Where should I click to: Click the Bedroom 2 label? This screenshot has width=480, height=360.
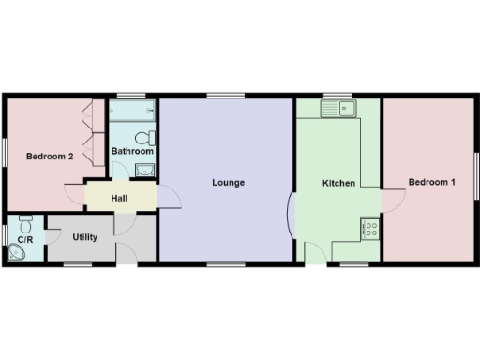pos(50,157)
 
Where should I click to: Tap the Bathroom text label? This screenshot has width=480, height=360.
pos(132,150)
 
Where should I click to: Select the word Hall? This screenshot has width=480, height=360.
pos(120,198)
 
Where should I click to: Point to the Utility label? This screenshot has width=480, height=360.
pos(85,237)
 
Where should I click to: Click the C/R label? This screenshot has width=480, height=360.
pos(25,240)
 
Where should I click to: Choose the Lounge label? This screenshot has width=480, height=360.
pos(228,182)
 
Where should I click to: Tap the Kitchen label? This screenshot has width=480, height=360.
pos(338,183)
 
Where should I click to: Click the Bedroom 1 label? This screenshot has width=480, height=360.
pos(432,182)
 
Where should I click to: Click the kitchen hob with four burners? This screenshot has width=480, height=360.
pos(370,226)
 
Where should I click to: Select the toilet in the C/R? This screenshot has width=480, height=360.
pos(26,224)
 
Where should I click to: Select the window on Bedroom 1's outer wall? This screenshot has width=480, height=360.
pos(474,175)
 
